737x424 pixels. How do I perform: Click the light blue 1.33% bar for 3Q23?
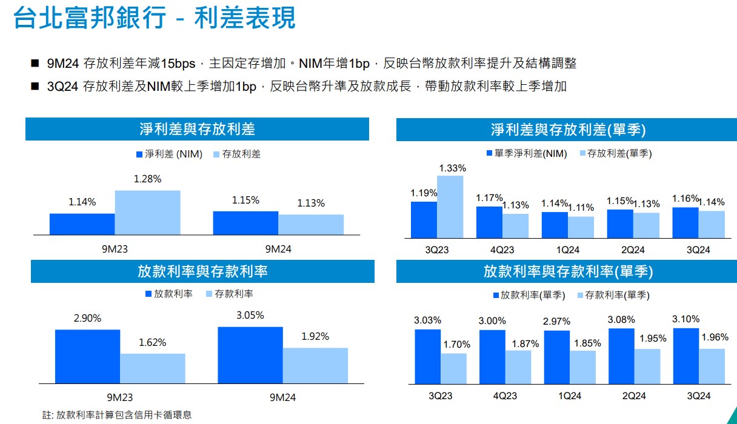tap(450, 207)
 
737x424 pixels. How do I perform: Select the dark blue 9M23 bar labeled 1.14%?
tap(82, 224)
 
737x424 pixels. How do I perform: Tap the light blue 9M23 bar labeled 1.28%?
tap(147, 213)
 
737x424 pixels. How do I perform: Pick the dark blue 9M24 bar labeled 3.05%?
tap(250, 355)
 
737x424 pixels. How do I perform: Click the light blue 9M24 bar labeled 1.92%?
tap(315, 365)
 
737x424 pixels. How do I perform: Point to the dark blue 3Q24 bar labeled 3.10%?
tap(685, 356)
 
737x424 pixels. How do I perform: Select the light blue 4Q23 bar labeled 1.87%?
tap(518, 367)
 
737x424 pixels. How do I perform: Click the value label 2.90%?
tap(87, 318)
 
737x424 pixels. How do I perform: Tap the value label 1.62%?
tap(152, 342)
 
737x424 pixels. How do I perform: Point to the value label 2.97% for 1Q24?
tap(556, 321)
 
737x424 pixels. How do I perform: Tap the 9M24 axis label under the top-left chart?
tap(278, 248)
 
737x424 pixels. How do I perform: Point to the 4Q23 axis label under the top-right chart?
tap(502, 250)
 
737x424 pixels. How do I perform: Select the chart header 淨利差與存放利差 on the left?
tap(197, 129)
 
